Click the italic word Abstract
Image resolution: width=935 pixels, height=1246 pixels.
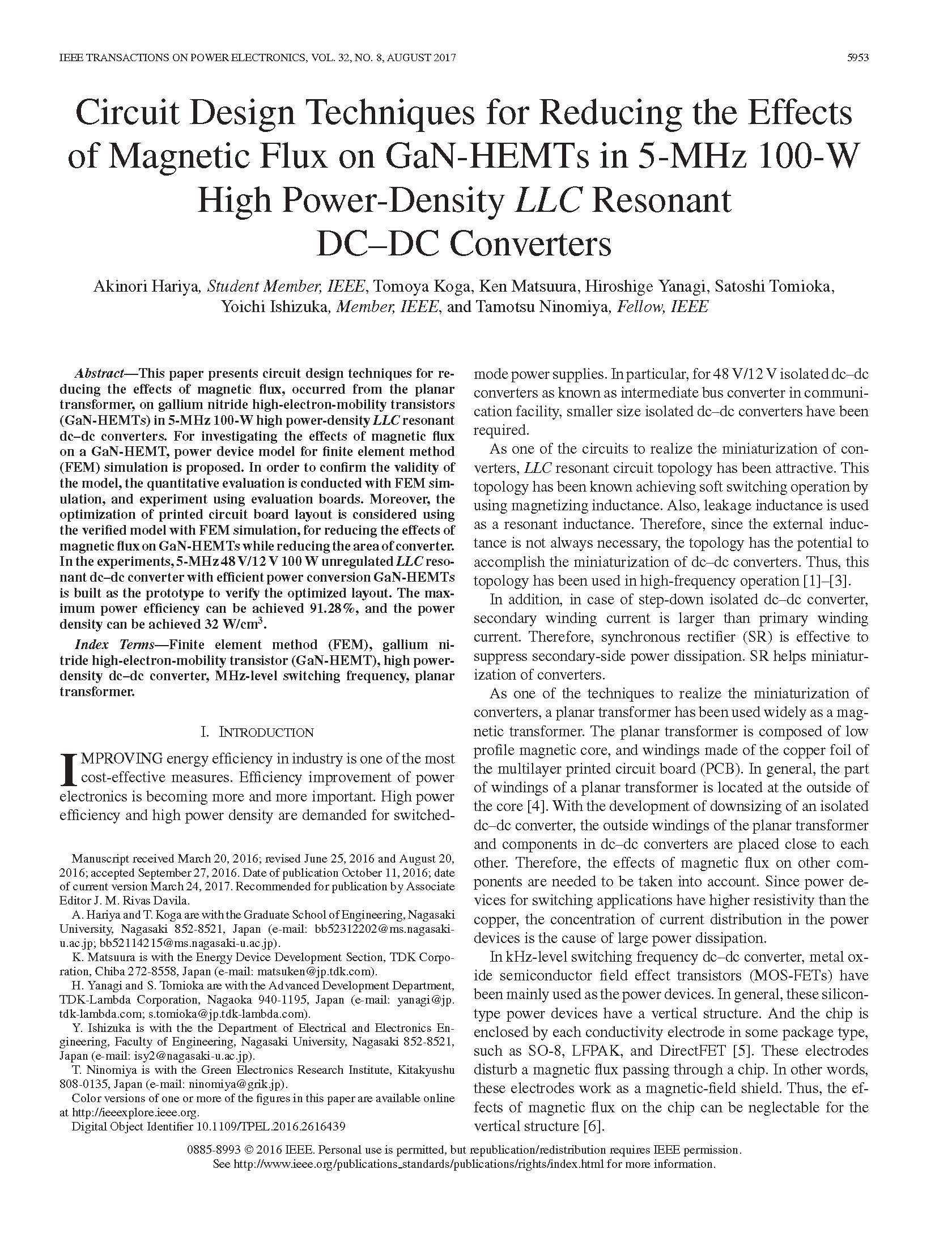click(x=100, y=374)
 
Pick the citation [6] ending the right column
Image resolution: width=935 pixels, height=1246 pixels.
click(x=591, y=1126)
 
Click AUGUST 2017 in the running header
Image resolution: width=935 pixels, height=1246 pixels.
click(x=421, y=58)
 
